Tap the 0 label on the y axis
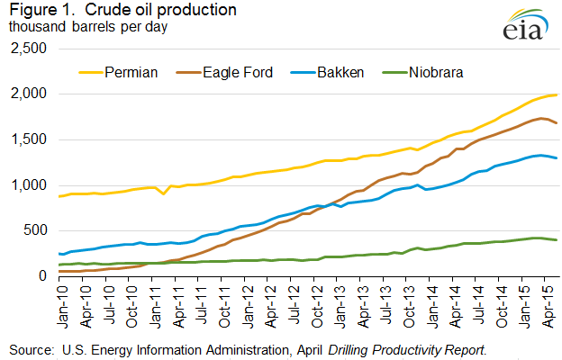[44, 276]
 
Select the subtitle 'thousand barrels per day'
[89, 25]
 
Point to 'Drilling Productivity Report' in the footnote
[411, 348]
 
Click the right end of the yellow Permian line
[557, 94]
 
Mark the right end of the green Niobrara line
[557, 240]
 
